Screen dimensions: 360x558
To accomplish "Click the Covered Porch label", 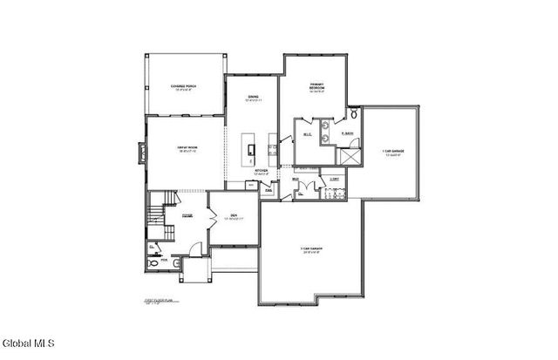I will (182, 87).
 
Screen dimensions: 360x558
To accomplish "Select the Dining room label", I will (253, 98).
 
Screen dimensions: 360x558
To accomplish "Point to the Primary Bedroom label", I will (316, 87).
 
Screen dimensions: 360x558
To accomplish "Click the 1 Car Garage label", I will (391, 153).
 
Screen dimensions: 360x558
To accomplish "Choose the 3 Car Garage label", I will (312, 250).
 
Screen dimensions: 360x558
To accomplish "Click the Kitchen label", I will (262, 172).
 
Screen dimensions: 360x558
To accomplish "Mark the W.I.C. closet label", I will (308, 135).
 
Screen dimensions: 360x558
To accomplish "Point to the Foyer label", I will (187, 215).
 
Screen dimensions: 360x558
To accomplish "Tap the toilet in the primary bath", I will (355, 114).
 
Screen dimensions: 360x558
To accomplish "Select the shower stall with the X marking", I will (350, 156).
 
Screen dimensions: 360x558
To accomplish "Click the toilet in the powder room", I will (155, 261).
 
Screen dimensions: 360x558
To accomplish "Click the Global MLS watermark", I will (28, 341).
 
